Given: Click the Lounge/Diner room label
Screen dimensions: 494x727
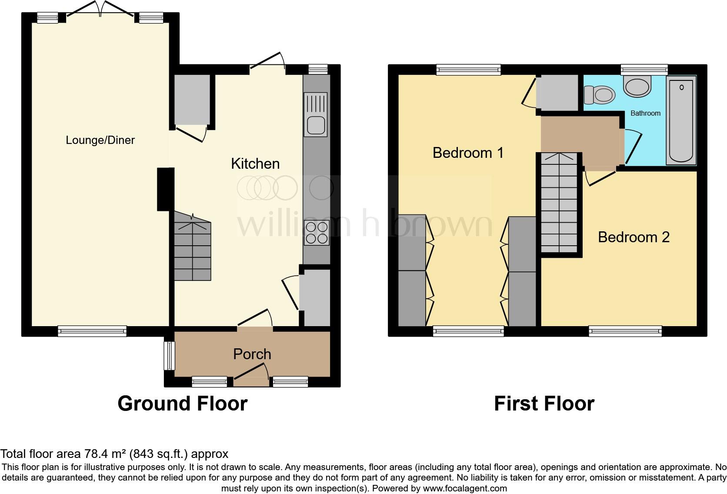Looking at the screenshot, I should tap(100, 140).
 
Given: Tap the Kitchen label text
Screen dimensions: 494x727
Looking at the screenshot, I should tap(255, 164).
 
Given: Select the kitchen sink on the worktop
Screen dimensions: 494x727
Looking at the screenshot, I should tap(316, 125).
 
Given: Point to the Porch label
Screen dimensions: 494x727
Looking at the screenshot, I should tap(252, 354).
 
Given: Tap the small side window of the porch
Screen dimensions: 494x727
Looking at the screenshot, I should tap(169, 356).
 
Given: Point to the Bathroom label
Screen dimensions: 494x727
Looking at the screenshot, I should tap(645, 113).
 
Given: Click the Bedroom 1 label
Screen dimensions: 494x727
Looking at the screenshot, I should tap(468, 153).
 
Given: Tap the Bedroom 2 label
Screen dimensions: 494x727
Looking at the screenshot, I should tap(634, 237).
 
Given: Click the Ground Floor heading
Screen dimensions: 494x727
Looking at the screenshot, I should tap(182, 404).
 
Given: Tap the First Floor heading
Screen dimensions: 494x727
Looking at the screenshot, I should tap(544, 404).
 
